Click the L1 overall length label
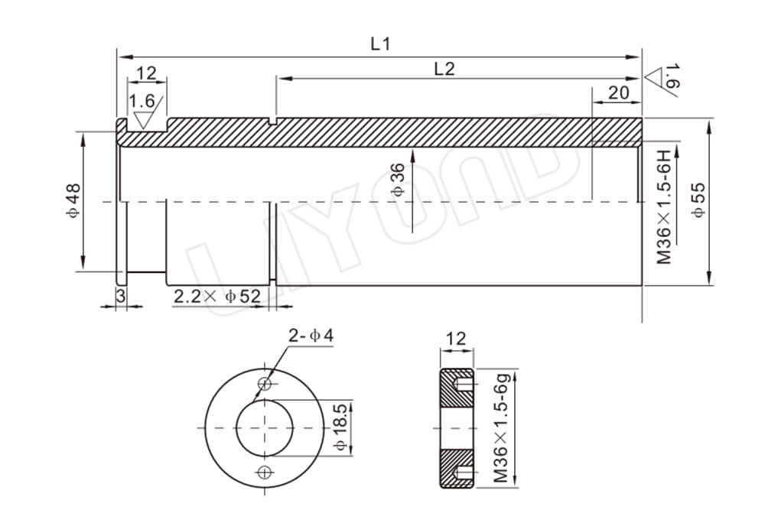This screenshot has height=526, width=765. [x=380, y=44]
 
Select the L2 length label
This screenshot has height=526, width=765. [x=444, y=68]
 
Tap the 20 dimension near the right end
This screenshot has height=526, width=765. [x=617, y=93]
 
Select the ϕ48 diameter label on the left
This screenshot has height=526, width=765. [x=71, y=201]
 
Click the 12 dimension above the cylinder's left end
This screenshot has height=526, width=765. [x=146, y=73]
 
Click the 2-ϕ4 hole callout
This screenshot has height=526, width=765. [x=310, y=335]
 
